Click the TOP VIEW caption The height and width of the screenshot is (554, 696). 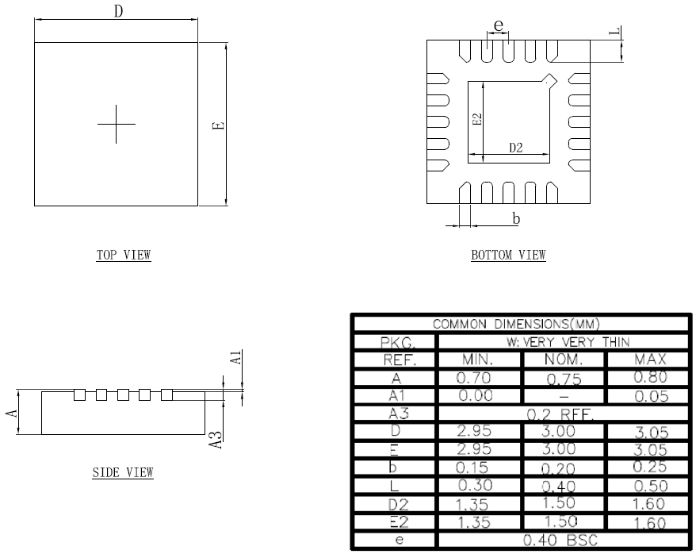coord(124,256)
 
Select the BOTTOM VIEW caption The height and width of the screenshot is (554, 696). coord(508,256)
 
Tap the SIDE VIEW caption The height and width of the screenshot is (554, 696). coord(123,473)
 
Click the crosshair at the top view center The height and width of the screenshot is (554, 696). coord(117,124)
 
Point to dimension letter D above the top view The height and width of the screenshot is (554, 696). coord(118,12)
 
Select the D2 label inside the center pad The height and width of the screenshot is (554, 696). coord(515,147)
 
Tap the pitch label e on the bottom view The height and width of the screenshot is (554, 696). coord(498,25)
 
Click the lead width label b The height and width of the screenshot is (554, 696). coord(516,218)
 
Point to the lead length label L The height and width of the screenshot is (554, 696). coord(614,32)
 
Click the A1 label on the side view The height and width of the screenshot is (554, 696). coord(235,358)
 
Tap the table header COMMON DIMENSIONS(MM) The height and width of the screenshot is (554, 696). coord(520,324)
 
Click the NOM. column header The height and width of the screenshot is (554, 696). coord(563,360)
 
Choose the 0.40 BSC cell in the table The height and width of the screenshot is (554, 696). coord(563,541)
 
